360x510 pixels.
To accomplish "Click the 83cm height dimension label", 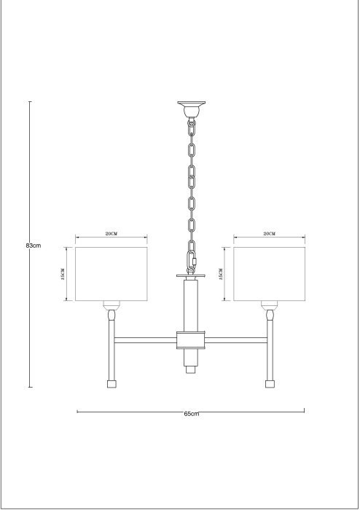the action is pyautogui.click(x=34, y=246).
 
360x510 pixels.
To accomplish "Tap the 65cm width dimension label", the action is pyautogui.click(x=191, y=414).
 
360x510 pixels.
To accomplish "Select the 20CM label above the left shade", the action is pyautogui.click(x=111, y=234).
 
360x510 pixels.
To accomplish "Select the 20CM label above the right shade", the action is pyautogui.click(x=269, y=234).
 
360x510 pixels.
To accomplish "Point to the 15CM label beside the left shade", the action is pyautogui.click(x=63, y=274).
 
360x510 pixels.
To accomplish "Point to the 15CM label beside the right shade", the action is pyautogui.click(x=221, y=274).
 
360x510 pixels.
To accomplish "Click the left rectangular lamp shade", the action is pyautogui.click(x=111, y=274).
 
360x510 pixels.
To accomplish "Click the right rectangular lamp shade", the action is pyautogui.click(x=269, y=274).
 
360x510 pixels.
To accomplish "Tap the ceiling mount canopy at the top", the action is pyautogui.click(x=191, y=109).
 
